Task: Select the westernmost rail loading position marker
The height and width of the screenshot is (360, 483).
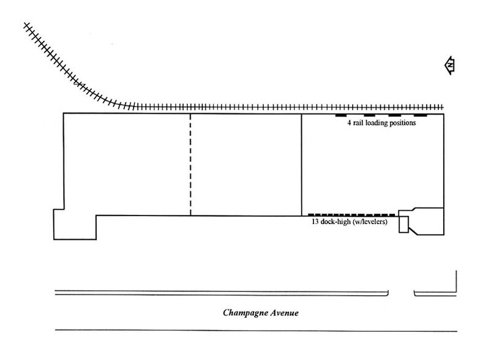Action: click(x=342, y=115)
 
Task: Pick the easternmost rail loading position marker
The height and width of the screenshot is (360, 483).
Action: click(x=421, y=115)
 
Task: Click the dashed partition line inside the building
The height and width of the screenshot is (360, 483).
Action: click(x=191, y=164)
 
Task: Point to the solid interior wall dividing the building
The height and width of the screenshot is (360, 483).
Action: click(x=302, y=164)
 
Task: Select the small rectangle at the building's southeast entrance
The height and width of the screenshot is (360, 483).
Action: click(x=403, y=225)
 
